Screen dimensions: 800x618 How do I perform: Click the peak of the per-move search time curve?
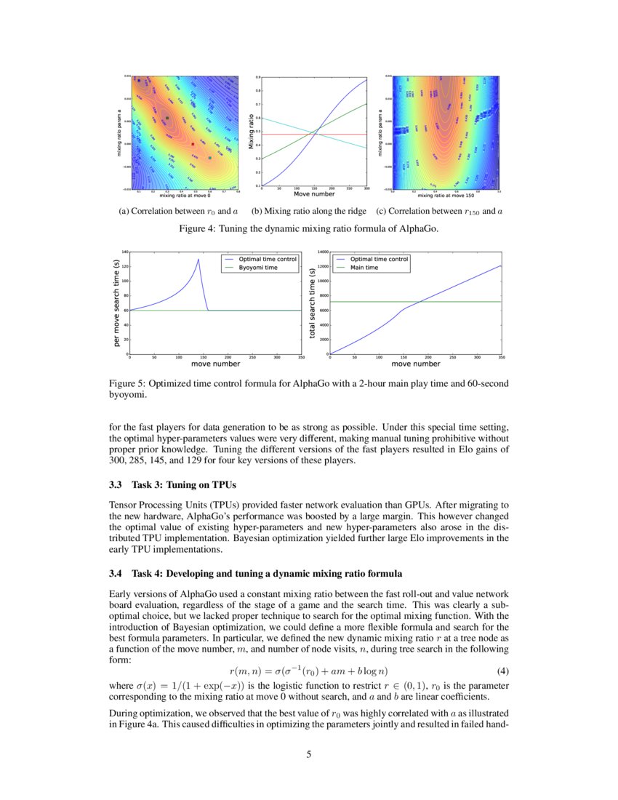coord(198,259)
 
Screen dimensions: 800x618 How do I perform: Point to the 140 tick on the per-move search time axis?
coord(124,252)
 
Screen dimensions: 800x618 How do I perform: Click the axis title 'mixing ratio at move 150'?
coord(446,196)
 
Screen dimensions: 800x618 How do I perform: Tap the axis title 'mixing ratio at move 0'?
coord(185,196)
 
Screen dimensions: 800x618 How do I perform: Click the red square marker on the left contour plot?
coord(193,144)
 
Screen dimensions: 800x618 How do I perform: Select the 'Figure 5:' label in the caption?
coord(127,383)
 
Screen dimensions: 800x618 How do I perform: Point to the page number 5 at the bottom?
coord(309,754)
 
